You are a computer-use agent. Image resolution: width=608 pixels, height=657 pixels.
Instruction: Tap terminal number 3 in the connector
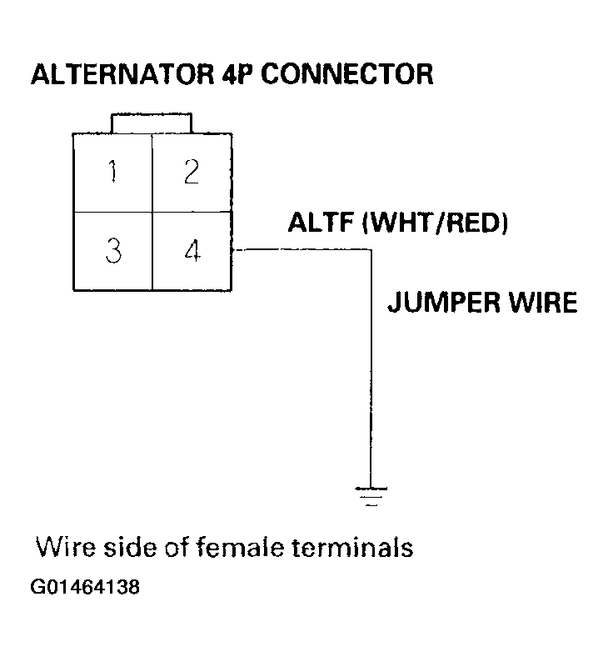pos(113,250)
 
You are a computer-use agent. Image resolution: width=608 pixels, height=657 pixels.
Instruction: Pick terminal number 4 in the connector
pos(192,250)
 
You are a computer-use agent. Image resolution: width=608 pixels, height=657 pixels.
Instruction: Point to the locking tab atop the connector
pos(152,122)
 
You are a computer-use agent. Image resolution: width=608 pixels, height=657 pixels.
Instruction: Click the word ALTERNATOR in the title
pos(117,74)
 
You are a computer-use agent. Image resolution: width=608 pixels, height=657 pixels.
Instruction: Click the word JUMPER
pos(439,302)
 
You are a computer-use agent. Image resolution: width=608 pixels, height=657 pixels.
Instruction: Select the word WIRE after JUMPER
pos(539,302)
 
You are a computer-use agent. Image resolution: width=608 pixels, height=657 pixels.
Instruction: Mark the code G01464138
pos(86,587)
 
